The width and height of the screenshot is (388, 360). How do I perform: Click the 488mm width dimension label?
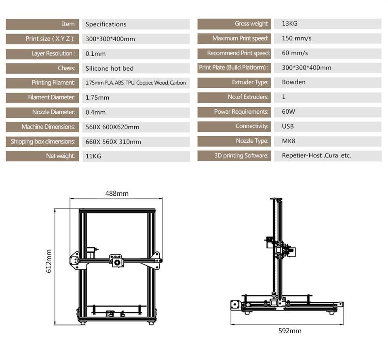(117, 193)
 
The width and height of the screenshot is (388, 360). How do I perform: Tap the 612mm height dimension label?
(49, 261)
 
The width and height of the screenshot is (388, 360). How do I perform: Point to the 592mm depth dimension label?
(290, 331)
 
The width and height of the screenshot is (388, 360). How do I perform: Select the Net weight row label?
(60, 156)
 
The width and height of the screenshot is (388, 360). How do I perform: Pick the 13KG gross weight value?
(289, 23)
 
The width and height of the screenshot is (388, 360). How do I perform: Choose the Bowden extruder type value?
(293, 82)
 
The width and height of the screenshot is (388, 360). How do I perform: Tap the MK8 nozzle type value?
(288, 141)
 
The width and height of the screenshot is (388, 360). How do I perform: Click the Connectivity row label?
(252, 126)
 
